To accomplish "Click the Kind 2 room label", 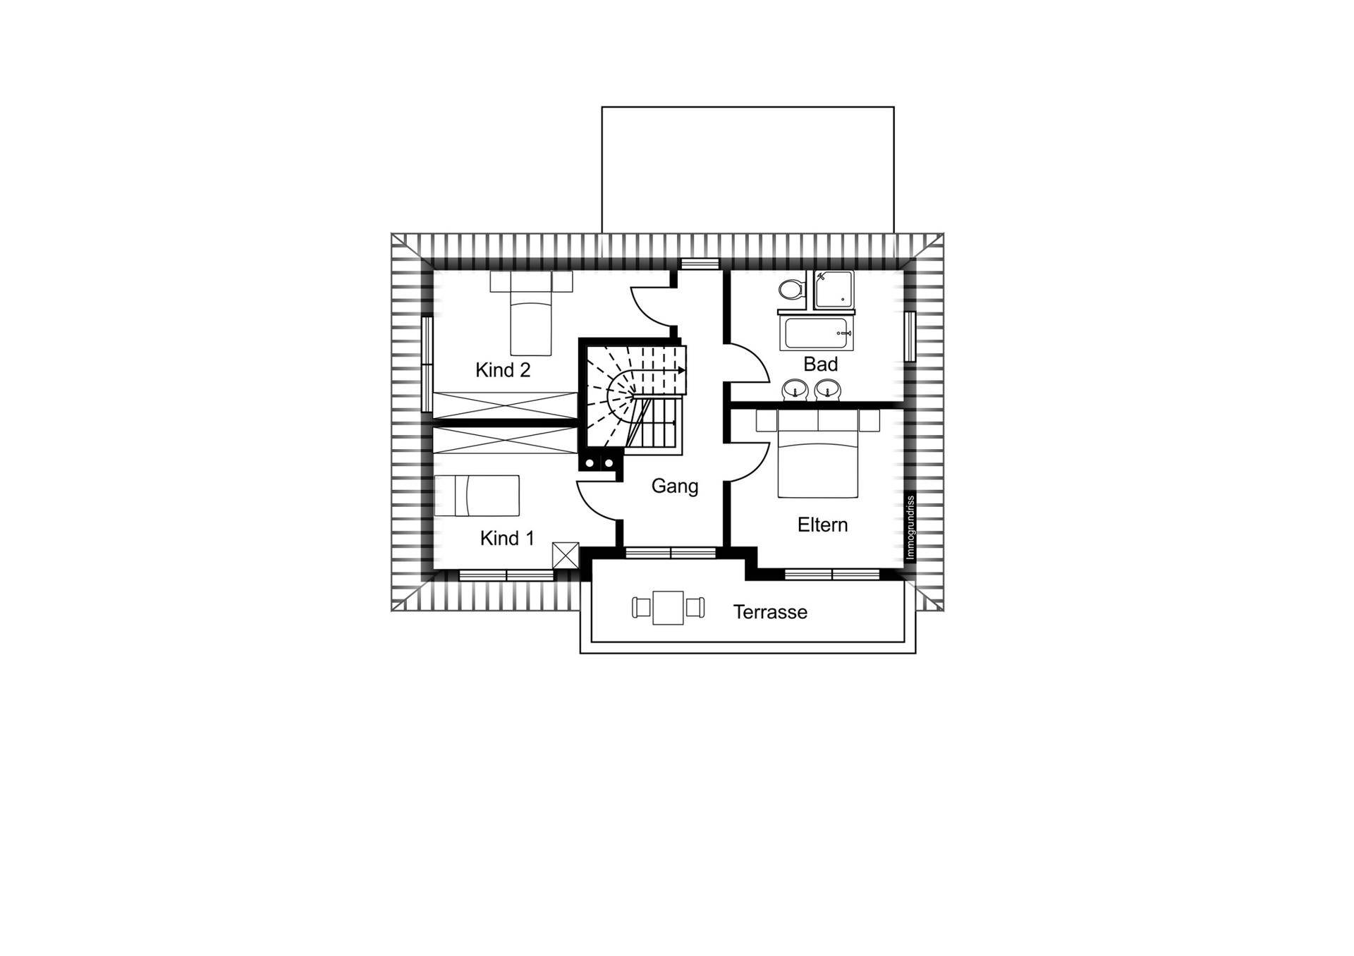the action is [x=503, y=370].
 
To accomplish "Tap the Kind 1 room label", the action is [x=507, y=539].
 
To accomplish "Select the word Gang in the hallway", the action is [x=675, y=486].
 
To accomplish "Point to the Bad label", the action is [x=821, y=364].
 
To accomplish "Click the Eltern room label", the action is [x=822, y=525].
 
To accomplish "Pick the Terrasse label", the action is [x=770, y=612].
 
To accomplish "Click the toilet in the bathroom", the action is [x=792, y=289].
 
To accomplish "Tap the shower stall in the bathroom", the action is [x=834, y=290].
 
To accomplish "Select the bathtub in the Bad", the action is [x=817, y=333].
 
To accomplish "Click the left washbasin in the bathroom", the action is [x=795, y=389].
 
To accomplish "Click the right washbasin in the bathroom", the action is [x=827, y=389].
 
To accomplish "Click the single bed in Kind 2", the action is [x=530, y=314].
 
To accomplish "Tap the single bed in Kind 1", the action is [x=477, y=496].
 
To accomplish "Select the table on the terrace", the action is [x=668, y=608].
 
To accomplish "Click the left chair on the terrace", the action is [x=641, y=607].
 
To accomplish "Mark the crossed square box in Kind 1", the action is [x=566, y=556].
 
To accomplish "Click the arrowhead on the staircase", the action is [x=682, y=369].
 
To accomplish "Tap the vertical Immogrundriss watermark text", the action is [x=910, y=527].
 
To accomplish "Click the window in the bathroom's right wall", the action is [x=910, y=336].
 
